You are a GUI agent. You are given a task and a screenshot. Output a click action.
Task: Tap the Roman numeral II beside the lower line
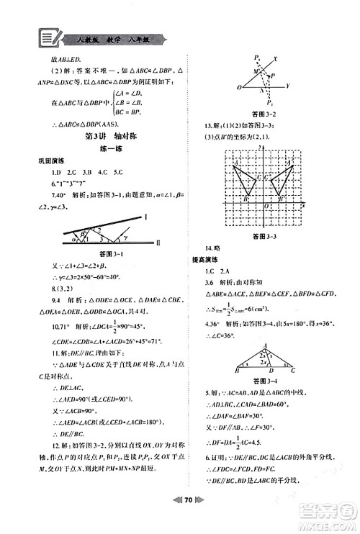tap(156, 243)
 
